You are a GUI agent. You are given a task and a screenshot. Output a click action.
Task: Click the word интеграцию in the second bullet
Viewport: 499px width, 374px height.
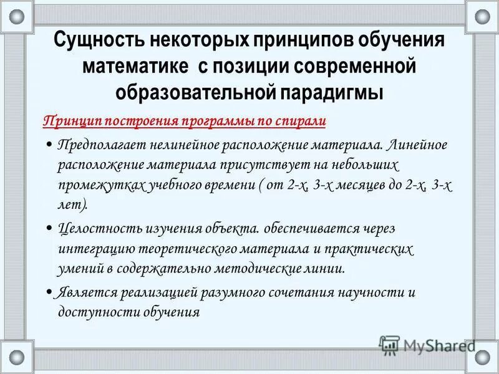(93, 249)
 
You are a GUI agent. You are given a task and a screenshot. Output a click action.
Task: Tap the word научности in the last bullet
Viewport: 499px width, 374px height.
(370, 293)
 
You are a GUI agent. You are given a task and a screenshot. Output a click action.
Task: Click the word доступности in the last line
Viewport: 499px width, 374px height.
(97, 313)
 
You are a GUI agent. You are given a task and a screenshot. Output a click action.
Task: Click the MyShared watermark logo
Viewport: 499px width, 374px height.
(427, 345)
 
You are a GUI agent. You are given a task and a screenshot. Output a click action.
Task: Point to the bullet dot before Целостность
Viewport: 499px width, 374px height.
(49, 229)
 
